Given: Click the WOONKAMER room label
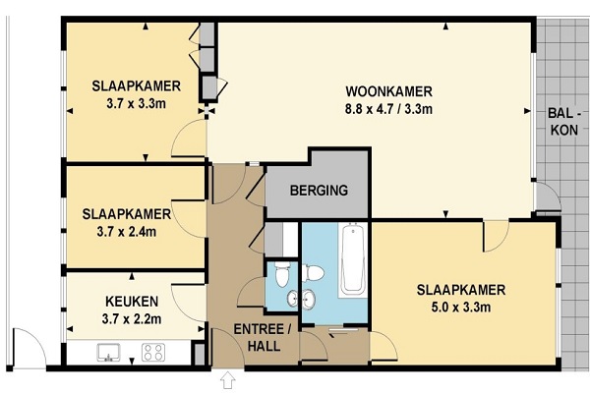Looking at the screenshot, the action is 388,91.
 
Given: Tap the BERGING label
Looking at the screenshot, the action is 319,191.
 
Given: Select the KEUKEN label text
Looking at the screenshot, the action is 132,302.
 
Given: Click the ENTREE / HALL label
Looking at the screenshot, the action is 263,337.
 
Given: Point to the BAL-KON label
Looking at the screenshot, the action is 564,121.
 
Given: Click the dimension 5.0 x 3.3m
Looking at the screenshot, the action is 461,308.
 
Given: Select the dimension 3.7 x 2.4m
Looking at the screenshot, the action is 127,232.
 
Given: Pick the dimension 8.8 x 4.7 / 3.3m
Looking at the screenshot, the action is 388,109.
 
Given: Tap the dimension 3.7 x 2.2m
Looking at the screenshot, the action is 132,319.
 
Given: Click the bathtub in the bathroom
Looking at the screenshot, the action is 353,259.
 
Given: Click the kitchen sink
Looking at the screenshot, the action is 108,353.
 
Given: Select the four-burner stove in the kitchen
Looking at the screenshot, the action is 153,353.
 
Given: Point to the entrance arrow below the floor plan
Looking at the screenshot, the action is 228,380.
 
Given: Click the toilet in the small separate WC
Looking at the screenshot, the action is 282,274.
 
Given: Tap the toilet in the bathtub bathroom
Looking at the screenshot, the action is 313,273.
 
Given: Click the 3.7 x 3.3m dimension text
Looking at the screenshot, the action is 137,103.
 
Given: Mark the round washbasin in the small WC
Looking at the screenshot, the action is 293,299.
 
